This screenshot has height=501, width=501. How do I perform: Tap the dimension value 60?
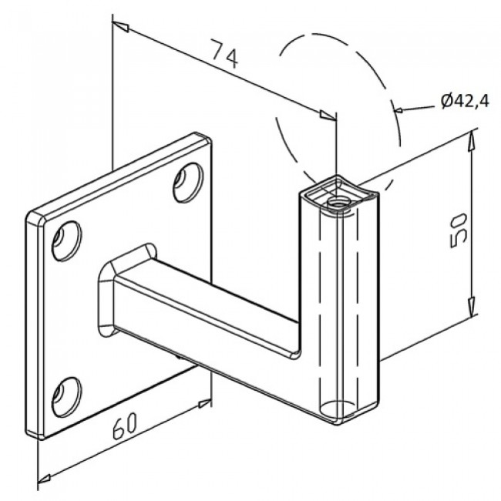tap(125, 425)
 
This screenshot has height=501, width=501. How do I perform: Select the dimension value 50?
tap(459, 230)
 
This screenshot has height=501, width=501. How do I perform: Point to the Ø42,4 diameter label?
tap(465, 102)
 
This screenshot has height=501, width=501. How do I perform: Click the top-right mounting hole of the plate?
tap(188, 183)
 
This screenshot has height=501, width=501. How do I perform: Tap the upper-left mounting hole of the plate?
tap(66, 240)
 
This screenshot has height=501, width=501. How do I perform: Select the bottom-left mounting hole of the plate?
tap(66, 397)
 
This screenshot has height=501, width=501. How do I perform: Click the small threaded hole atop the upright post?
tap(339, 203)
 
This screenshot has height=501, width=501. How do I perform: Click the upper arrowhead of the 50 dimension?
tap(471, 142)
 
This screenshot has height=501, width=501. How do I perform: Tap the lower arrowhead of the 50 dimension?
tap(471, 306)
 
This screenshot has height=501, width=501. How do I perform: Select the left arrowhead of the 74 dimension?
tap(121, 27)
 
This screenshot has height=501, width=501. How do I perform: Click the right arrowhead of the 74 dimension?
tap(328, 116)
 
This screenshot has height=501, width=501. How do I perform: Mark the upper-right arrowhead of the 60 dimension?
tap(204, 404)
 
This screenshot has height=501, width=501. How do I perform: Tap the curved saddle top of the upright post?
tap(339, 195)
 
